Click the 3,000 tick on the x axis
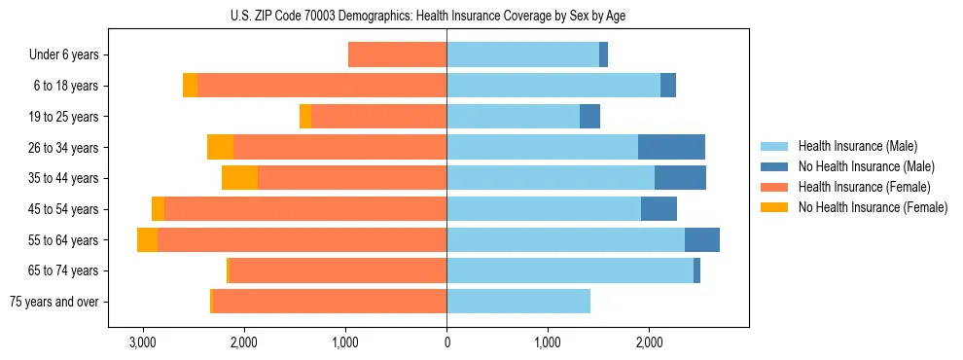click(143, 342)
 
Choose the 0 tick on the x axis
click(446, 342)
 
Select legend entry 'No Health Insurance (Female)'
click(873, 207)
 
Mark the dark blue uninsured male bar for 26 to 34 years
click(671, 147)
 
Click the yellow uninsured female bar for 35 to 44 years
click(239, 178)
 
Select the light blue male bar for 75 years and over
click(518, 302)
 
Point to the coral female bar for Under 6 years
click(397, 55)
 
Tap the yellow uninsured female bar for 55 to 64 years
click(147, 240)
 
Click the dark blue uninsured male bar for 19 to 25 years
click(589, 117)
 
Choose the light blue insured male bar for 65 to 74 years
click(570, 270)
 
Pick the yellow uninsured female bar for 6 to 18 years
click(190, 86)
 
